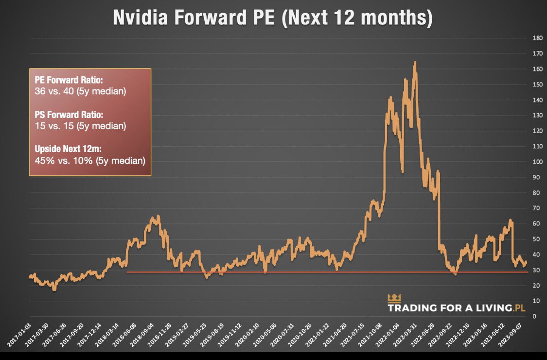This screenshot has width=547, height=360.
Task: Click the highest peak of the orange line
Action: (415, 62)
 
